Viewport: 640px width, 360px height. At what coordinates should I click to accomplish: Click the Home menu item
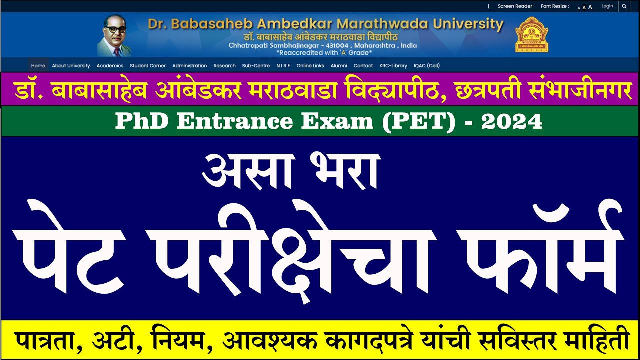[38, 66]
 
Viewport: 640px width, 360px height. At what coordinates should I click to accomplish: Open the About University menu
[71, 66]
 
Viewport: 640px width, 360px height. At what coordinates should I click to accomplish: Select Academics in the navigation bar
[110, 66]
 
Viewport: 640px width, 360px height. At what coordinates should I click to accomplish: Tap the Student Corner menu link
[148, 66]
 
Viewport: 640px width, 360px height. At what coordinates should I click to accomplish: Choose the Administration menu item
[189, 66]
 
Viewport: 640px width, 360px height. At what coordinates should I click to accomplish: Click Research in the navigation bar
[224, 66]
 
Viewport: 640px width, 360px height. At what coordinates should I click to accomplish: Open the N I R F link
[283, 66]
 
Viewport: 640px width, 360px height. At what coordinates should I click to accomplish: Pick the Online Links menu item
[310, 66]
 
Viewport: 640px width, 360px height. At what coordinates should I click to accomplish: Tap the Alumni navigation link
[339, 66]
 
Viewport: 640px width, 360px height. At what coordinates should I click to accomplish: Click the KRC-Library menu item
[393, 66]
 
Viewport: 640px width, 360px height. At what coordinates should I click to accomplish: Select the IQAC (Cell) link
[427, 66]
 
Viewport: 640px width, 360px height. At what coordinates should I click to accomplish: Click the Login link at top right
[607, 6]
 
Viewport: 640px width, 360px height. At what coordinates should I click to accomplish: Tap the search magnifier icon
[624, 6]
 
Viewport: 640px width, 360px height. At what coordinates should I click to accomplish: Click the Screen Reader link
[515, 6]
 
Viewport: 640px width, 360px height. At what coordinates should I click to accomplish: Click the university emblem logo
[532, 35]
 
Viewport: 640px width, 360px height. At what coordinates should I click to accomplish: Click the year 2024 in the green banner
[512, 122]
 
